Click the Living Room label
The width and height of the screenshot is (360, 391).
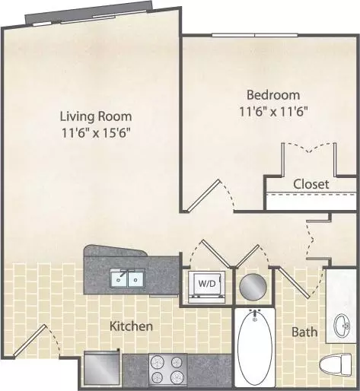[x=96, y=116]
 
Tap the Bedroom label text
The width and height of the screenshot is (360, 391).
[x=273, y=95]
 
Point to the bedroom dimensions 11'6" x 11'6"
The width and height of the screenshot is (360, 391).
[x=273, y=112]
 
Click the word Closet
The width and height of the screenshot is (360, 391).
[x=311, y=184]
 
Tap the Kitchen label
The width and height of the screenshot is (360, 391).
[x=131, y=326]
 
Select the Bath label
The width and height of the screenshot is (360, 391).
[x=304, y=332]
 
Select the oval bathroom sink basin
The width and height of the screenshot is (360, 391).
[x=342, y=326]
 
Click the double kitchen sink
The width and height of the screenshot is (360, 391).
[x=128, y=278]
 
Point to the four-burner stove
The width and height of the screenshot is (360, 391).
[x=167, y=369]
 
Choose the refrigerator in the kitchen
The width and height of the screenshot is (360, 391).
[x=101, y=367]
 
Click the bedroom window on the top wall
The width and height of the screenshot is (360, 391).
[x=255, y=35]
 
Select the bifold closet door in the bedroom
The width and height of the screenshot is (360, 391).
[x=309, y=148]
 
